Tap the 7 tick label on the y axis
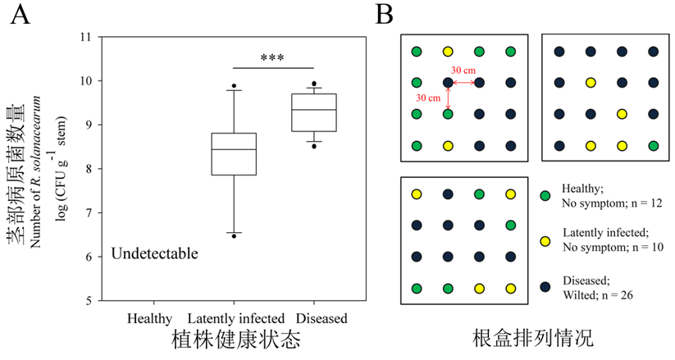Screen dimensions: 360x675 [x=89, y=212]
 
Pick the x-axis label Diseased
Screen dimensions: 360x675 [x=322, y=318]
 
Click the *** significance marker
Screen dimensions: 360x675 [x=272, y=58]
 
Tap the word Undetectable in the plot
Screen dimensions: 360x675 [x=155, y=253]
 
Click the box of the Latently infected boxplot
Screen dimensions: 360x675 [x=235, y=153]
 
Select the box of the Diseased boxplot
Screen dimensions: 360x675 [x=315, y=112]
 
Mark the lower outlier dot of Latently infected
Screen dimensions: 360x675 [x=235, y=236]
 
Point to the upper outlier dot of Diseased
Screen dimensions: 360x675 [x=315, y=84]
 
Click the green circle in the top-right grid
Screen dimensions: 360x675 [x=653, y=146]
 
